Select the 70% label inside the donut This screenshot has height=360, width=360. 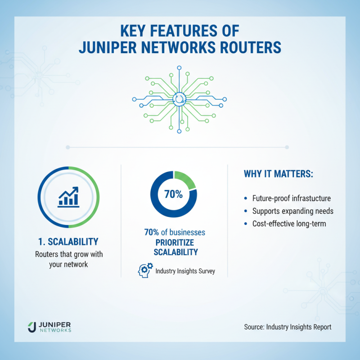point(173,195)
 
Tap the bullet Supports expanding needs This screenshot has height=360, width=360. point(290,211)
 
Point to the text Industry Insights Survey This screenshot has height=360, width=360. point(184,271)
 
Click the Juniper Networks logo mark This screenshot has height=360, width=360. point(31,327)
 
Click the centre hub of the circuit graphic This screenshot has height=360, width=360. point(180,99)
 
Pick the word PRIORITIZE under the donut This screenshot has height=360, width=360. point(174,243)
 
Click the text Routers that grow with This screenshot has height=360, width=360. point(69,254)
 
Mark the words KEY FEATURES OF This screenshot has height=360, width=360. point(180,31)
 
